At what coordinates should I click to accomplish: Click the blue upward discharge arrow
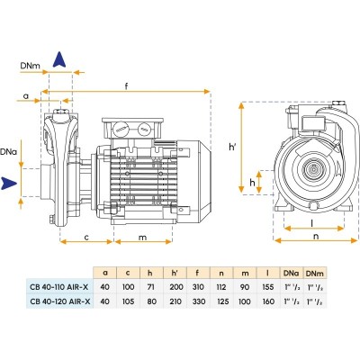(59, 59)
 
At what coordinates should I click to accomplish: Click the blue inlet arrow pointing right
(9, 183)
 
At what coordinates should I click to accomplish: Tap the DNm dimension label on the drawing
(30, 66)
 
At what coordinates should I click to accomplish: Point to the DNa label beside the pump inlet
(8, 152)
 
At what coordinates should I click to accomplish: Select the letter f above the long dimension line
(127, 85)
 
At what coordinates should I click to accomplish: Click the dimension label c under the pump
(86, 238)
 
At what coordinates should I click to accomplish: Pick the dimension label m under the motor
(143, 238)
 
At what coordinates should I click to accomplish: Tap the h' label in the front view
(232, 147)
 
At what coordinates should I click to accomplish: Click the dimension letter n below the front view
(316, 237)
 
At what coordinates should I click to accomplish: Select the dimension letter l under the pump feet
(312, 223)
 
